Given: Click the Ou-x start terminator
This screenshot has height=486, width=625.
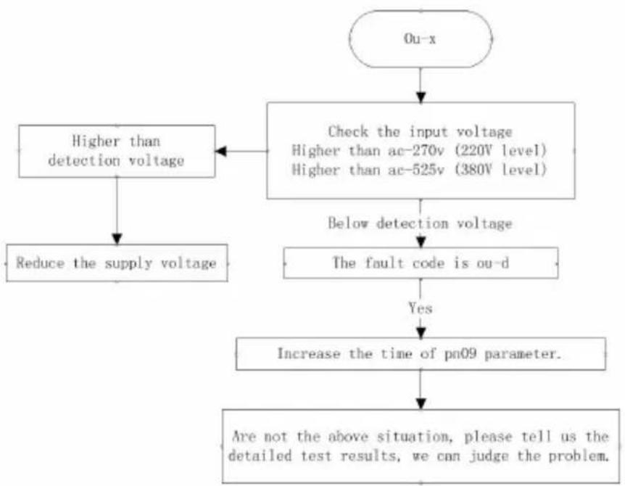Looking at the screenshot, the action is [421, 38].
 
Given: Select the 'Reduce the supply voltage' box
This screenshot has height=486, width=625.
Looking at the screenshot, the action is [117, 263].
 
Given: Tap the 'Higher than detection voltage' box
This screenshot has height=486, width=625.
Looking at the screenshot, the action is [117, 151].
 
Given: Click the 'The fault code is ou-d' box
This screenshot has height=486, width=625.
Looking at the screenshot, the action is [421, 263].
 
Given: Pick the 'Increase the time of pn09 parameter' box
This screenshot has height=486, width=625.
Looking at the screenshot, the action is [421, 354].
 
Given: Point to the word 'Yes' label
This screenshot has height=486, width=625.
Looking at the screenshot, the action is [420, 308].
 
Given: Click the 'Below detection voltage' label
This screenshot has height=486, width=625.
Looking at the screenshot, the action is [420, 223].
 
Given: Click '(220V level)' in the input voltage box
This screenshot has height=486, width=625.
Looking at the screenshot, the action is [500, 151].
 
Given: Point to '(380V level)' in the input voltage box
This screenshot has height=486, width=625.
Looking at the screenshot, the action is [500, 170].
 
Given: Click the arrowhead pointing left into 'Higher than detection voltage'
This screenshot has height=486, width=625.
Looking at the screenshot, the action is [221, 151].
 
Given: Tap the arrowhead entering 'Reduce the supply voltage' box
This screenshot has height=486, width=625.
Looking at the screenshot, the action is [117, 239].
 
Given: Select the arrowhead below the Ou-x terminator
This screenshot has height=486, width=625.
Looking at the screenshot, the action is [421, 97].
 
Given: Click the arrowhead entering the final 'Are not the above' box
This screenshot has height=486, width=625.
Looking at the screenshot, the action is [421, 403].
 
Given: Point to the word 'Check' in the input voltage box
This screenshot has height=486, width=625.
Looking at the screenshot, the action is [348, 131].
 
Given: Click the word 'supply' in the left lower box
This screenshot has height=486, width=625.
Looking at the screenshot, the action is [128, 263].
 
